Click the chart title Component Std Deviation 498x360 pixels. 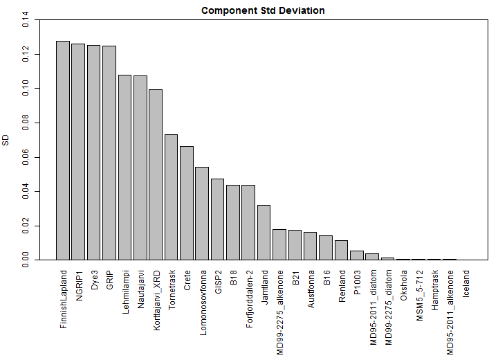pos(263,10)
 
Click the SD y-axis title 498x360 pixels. pos(6,140)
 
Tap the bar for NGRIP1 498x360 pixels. pos(78,152)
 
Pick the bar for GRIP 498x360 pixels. pos(109,152)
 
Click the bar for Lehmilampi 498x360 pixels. pos(124,167)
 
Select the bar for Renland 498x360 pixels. pos(342,250)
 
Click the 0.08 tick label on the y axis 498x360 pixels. pos(26,123)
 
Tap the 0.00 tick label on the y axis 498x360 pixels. pos(26,260)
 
